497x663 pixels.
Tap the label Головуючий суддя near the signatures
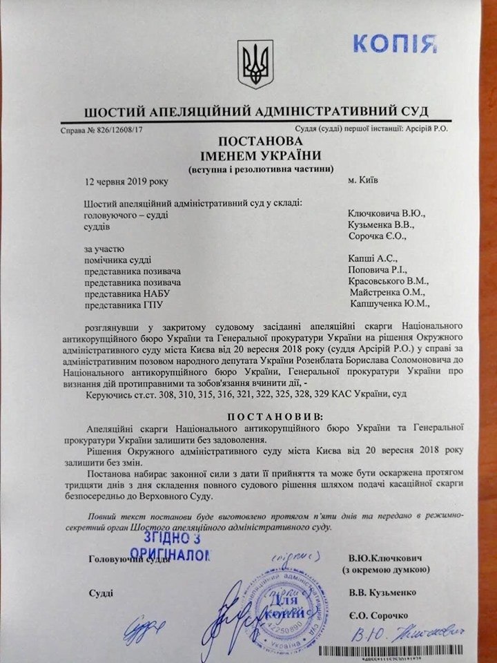tap(124, 559)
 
